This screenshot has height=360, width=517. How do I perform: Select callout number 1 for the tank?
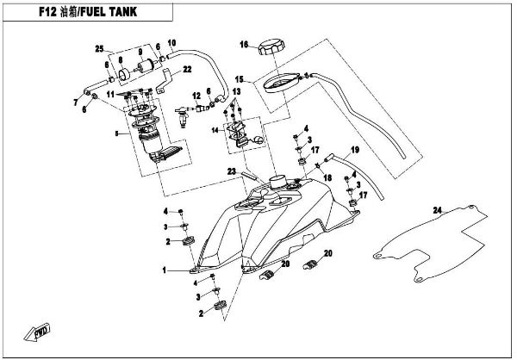pyautogui.click(x=161, y=270)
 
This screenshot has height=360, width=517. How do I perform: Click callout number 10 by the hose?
pyautogui.click(x=171, y=42)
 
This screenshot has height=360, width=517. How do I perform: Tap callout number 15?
pyautogui.click(x=242, y=78)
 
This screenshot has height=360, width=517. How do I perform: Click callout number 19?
pyautogui.click(x=353, y=149)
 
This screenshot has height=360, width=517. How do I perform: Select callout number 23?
pyautogui.click(x=231, y=171)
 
